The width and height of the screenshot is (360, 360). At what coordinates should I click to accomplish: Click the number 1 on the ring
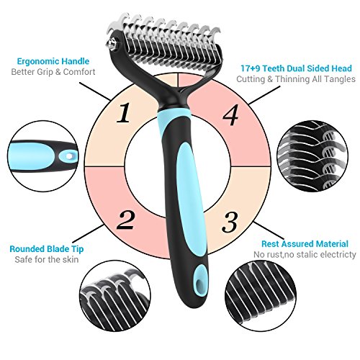124,113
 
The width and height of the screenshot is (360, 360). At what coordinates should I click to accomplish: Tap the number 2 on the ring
127,220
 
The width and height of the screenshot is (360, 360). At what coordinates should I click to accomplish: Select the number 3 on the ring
230,222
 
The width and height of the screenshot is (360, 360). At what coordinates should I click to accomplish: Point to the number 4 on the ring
230,114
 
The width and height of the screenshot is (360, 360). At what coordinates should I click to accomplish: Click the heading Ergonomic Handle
53,61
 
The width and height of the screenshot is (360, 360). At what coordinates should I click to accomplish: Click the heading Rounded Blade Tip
47,249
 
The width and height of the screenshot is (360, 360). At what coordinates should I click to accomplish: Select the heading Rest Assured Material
305,244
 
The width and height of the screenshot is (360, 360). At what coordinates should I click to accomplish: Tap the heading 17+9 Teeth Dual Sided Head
296,68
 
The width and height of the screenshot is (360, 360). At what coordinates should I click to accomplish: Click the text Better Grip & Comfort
53,72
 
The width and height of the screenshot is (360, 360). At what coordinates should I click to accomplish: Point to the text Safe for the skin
47,259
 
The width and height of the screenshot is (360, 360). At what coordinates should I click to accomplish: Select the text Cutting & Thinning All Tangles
296,79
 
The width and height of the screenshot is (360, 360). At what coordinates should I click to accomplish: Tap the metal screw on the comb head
111,44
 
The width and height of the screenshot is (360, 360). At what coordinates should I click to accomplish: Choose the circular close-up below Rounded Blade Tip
115,297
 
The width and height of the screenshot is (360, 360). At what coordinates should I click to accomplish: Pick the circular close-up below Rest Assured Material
261,296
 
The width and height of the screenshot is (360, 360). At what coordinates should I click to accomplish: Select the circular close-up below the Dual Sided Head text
312,156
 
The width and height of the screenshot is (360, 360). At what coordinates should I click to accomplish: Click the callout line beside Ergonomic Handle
95,91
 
